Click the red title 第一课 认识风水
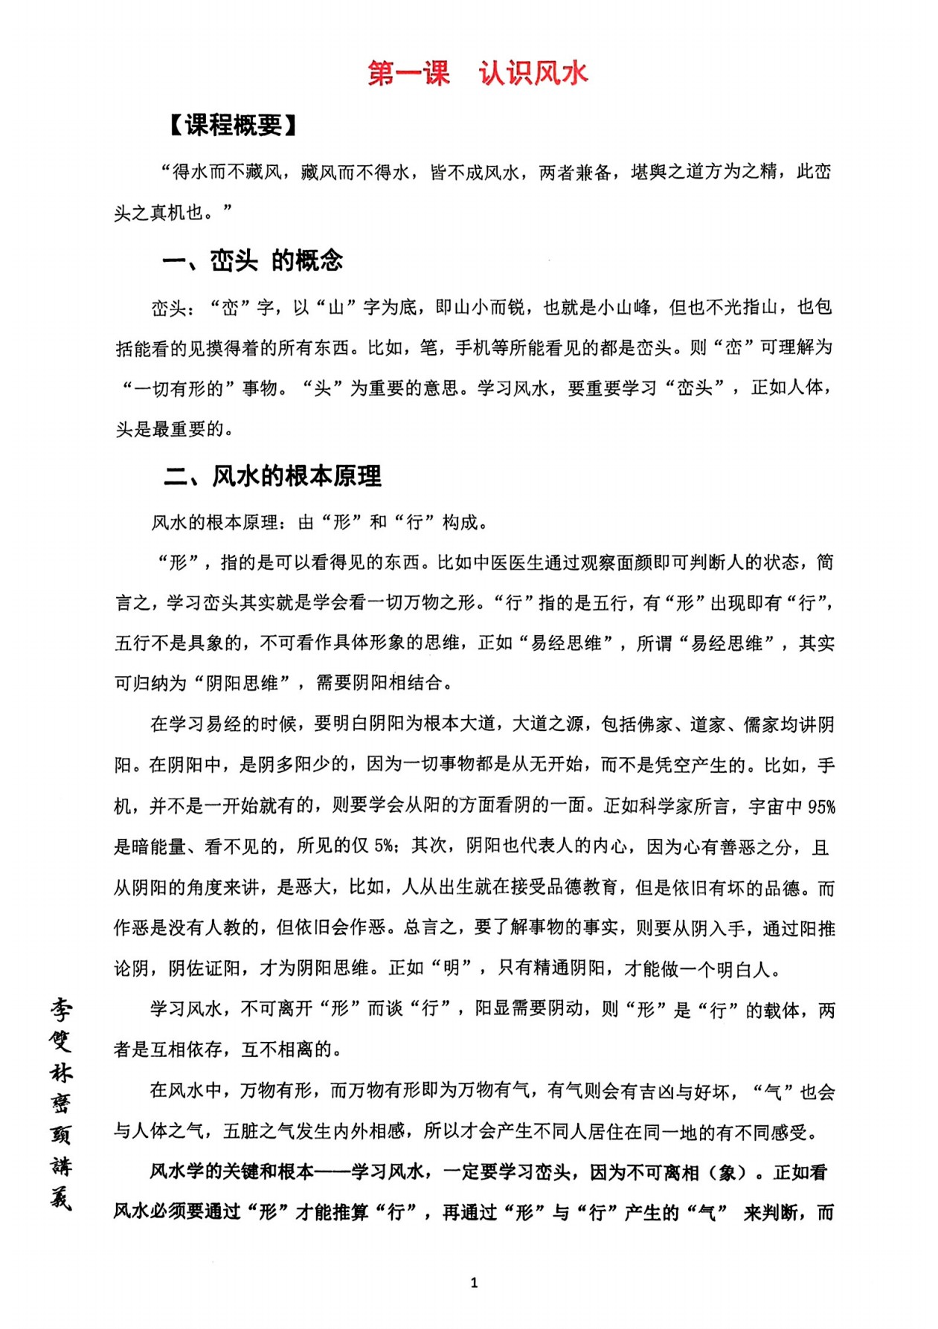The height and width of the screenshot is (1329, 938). click(x=478, y=74)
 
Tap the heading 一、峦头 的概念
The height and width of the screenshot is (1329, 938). click(x=253, y=261)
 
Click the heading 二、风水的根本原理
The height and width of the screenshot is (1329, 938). click(x=272, y=476)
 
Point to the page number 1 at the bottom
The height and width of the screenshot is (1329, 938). click(x=474, y=1282)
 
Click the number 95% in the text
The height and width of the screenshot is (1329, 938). click(x=820, y=807)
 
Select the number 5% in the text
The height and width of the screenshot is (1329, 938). click(x=385, y=846)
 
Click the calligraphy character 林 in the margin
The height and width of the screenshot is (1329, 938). click(x=60, y=1072)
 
